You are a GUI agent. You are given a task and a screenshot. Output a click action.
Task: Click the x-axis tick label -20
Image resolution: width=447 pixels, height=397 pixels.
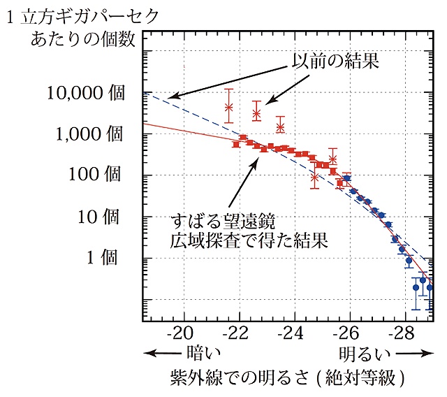pos(183,332)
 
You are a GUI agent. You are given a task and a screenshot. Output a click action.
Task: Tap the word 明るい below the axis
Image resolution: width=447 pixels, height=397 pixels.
pos(364,353)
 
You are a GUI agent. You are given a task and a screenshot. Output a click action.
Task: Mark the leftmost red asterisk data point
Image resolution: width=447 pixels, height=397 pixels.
pos(228,107)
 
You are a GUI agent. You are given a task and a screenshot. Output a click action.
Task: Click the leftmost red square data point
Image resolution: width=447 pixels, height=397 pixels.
pos(236,144)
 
